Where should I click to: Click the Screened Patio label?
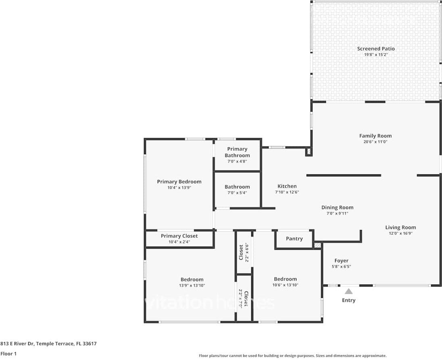[x=375, y=49]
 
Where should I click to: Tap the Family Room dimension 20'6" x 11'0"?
[x=375, y=142]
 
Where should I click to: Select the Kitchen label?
[x=287, y=186]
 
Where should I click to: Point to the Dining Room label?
[x=337, y=207]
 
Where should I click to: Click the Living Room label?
[x=400, y=227]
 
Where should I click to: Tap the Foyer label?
[x=341, y=261]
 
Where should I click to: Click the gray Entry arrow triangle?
[x=348, y=291]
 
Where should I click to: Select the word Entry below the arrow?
[x=348, y=300]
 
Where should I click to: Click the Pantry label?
[x=294, y=239]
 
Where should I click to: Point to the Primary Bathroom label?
[x=237, y=152]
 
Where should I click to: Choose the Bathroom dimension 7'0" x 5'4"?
[x=237, y=193]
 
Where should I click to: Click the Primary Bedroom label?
[x=179, y=182]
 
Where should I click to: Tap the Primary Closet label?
[x=179, y=236]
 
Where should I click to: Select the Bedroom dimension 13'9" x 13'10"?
[x=192, y=285]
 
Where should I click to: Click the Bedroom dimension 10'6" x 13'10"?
[x=285, y=285]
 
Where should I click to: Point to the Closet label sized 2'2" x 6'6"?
[x=241, y=252]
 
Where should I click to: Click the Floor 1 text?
[x=9, y=354]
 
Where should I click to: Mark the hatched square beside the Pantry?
[x=318, y=245]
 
